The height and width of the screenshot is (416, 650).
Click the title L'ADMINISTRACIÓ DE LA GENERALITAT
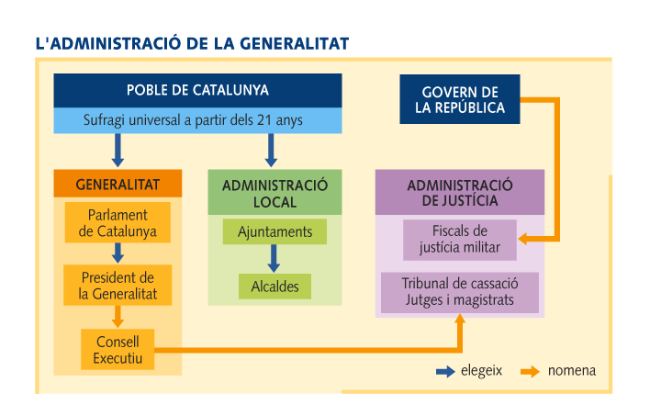[x=191, y=43]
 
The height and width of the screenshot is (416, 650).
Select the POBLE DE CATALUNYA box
[x=197, y=91]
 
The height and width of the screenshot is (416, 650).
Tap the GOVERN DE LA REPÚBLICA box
[x=460, y=100]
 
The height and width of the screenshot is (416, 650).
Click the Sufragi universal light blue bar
[x=197, y=120]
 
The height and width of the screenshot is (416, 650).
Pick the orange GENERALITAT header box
[x=118, y=185]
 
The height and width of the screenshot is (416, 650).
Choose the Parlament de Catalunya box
[x=118, y=223]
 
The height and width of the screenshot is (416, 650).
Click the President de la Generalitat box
[x=118, y=286]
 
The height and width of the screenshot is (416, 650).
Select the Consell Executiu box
[x=118, y=349]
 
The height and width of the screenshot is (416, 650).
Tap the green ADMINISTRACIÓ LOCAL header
[x=275, y=192]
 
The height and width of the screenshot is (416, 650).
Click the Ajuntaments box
[x=275, y=232]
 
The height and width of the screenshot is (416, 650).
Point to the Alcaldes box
[x=275, y=287]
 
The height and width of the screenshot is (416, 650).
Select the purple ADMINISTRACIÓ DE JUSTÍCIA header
[x=459, y=192]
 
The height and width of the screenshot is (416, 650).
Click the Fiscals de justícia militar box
[x=459, y=238]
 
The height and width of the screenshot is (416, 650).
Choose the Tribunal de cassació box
[x=459, y=291]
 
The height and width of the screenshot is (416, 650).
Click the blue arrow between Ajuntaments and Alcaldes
[x=274, y=258]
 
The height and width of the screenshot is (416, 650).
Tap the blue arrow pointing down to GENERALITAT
[x=118, y=151]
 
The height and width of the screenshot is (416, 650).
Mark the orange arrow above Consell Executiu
[x=118, y=316]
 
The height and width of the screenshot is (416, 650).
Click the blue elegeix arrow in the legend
[x=445, y=372]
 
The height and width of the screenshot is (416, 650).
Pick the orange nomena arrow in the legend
[x=529, y=372]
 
